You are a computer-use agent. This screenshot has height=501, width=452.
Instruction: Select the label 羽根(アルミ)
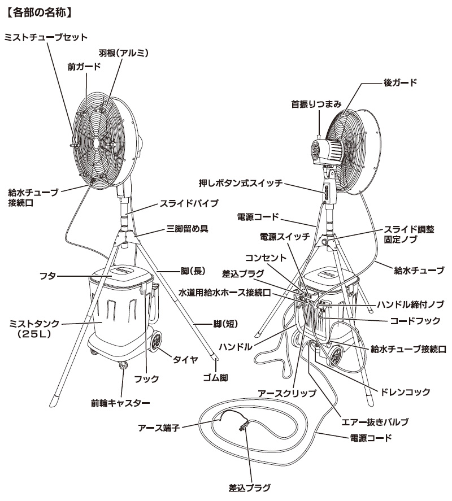[x=123, y=53]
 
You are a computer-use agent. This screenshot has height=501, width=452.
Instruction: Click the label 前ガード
[x=84, y=66]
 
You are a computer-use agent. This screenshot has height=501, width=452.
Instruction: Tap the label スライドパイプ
[x=181, y=202]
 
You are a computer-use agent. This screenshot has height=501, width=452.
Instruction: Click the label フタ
[x=47, y=276]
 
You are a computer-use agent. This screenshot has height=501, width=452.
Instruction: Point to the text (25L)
[x=35, y=334]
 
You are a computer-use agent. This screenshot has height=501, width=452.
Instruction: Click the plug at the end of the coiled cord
[x=244, y=424]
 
